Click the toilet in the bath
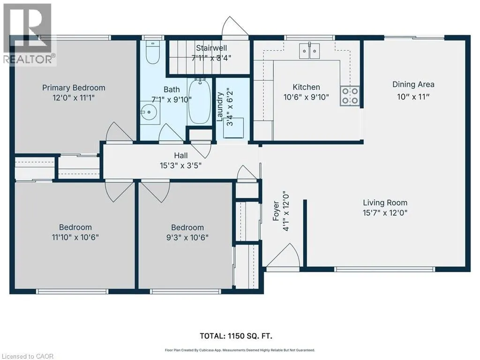152,52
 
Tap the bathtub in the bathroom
199,101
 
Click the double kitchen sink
309,51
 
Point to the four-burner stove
350,96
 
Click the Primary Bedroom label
74,88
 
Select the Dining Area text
413,84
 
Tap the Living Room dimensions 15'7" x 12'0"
385,213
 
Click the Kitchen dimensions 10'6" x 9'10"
306,97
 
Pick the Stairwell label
211,48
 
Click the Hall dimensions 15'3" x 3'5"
180,165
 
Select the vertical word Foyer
276,211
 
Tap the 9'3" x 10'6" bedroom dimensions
187,238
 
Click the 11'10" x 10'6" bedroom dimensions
75,237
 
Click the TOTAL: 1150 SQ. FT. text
236,336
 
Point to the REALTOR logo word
28,59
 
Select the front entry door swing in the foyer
283,255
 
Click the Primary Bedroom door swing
119,132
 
